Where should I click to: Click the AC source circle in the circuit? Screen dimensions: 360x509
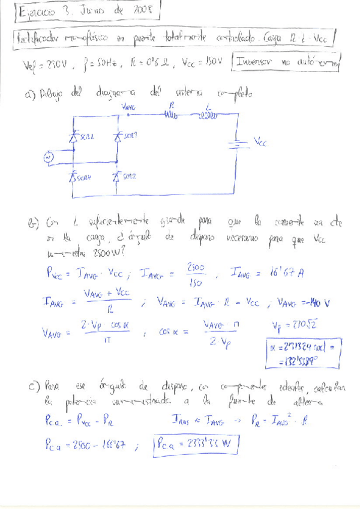(47, 158)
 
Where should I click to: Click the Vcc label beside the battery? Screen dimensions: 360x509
(260, 142)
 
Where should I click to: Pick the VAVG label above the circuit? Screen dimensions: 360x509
(128, 107)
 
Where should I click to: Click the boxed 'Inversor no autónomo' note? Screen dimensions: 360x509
(287, 62)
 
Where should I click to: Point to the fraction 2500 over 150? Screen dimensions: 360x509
(194, 274)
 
